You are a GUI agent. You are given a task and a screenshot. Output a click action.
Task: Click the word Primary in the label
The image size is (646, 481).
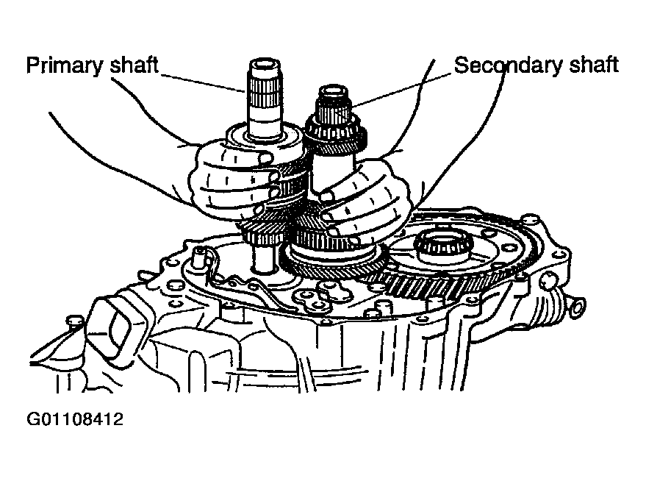click(x=64, y=65)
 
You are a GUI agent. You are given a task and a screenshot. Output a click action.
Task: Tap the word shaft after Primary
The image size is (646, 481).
click(x=134, y=65)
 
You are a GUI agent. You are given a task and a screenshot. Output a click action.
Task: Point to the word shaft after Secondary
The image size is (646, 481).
click(x=594, y=65)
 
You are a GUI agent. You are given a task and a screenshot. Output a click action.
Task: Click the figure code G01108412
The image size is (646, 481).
click(x=74, y=419)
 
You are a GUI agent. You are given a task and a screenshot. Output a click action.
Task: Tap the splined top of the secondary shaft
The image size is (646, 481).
click(x=331, y=108)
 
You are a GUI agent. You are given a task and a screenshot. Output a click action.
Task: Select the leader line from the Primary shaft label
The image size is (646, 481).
click(x=203, y=82)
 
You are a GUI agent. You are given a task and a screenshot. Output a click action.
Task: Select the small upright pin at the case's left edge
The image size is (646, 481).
click(x=199, y=257)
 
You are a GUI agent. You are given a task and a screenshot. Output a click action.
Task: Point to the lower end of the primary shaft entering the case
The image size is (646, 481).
click(x=262, y=259)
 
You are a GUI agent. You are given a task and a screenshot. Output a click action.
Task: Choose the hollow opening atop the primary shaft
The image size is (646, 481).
click(x=265, y=65)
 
